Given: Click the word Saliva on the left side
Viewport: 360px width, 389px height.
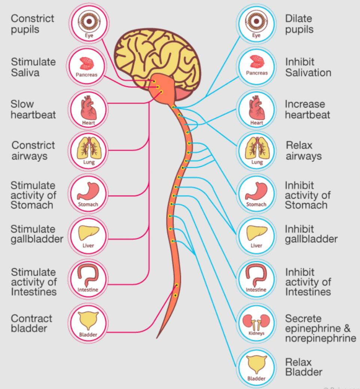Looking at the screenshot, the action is pyautogui.click(x=25, y=73).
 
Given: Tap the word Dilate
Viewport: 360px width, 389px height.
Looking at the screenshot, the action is pyautogui.click(x=299, y=19).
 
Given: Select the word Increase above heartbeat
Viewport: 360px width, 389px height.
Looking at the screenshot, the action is pyautogui.click(x=305, y=104).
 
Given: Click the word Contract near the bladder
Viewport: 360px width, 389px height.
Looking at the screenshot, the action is pyautogui.click(x=31, y=318).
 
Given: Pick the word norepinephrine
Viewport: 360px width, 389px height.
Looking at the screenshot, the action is pyautogui.click(x=321, y=338).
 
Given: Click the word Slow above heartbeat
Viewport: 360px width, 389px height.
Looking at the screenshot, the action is pyautogui.click(x=22, y=104).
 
